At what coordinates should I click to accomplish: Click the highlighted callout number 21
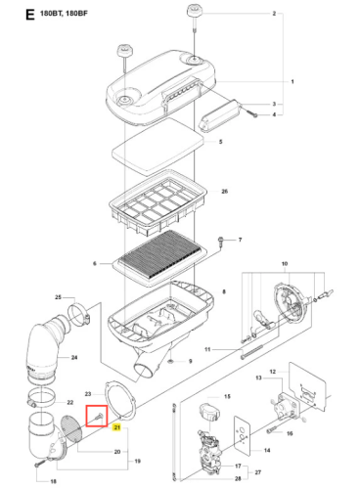point(116,427)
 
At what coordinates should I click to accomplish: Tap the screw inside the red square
point(98,417)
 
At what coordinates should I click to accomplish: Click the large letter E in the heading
point(30,15)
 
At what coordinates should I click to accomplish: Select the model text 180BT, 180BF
point(64,14)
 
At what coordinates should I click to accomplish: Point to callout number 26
point(225,191)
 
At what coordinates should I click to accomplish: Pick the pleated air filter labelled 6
point(159,257)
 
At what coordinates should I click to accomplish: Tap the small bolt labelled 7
point(220,242)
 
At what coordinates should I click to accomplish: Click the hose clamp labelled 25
point(78,315)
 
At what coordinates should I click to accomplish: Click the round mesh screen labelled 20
point(71,428)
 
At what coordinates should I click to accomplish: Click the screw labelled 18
point(40,464)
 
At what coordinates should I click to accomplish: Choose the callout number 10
point(285,263)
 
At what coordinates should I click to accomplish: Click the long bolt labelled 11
point(251,352)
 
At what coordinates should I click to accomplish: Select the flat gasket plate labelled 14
point(242,435)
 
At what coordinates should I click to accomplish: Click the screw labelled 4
point(252,113)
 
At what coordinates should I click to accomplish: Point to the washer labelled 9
point(170,361)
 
